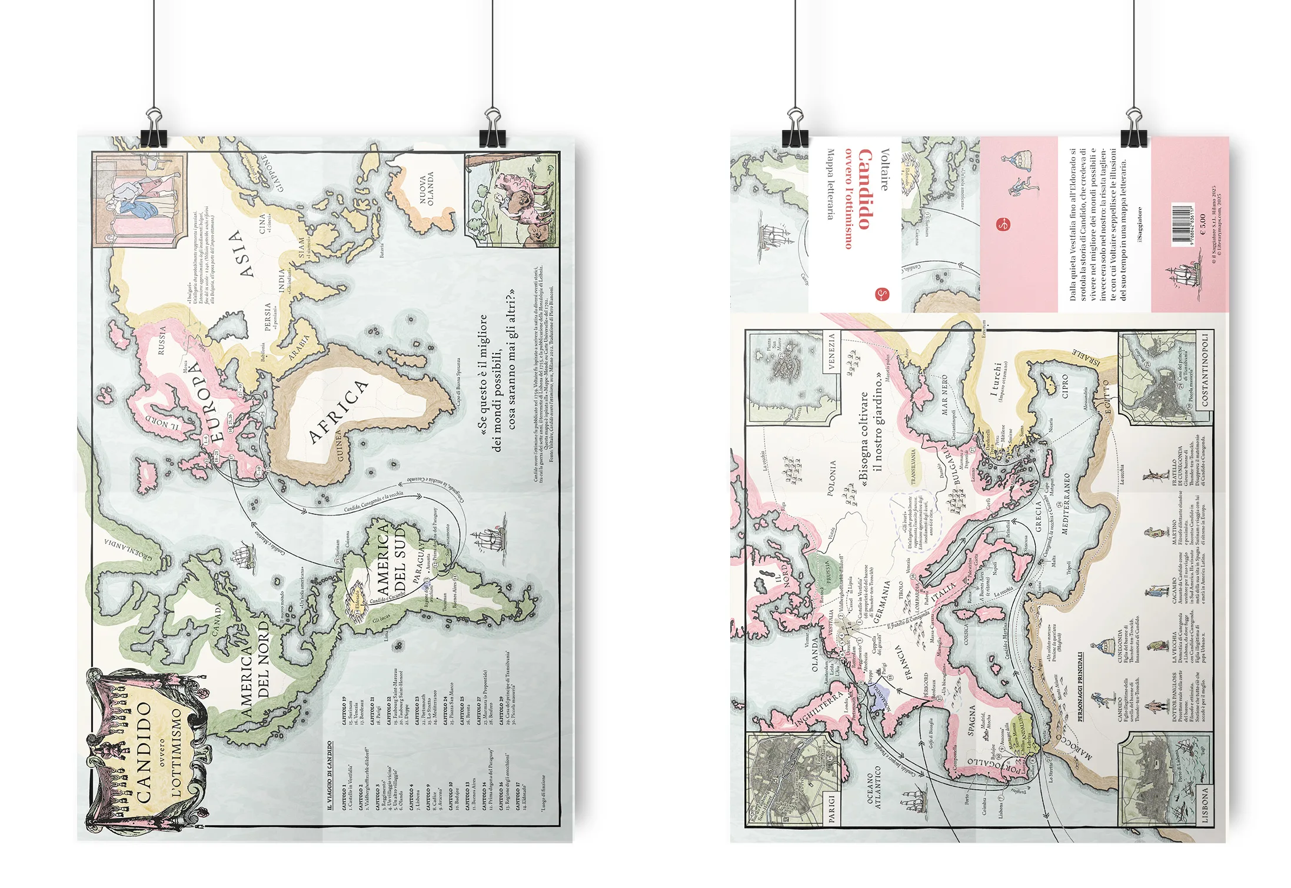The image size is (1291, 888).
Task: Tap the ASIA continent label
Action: coord(241,253)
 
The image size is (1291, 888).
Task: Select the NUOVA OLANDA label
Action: coord(427,188)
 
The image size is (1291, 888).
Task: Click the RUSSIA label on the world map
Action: coord(162,340)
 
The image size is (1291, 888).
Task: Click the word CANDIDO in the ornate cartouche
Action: coord(144,753)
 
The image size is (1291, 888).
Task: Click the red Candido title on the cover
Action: coord(864,188)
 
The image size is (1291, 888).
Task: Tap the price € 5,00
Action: coord(1203,223)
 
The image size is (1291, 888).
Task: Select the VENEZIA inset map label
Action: coord(831,351)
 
